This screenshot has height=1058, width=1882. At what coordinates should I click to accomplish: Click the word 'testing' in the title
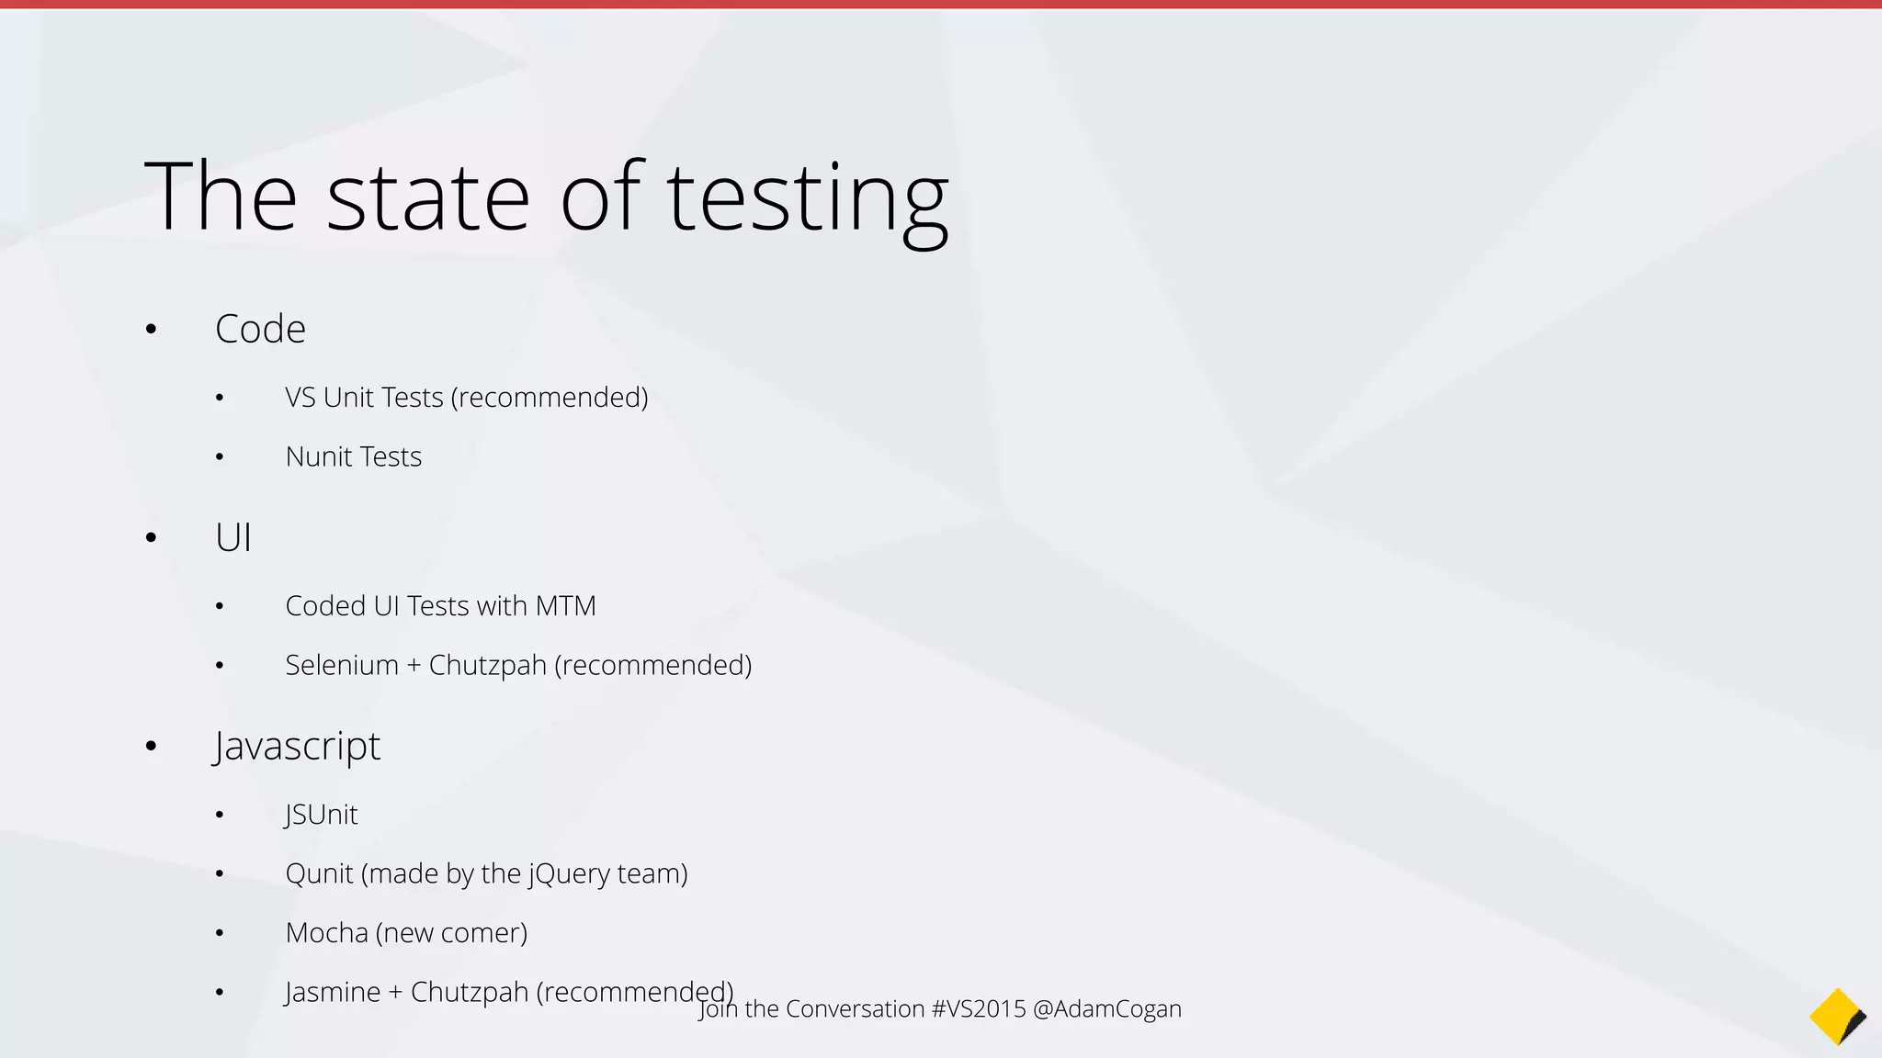[x=807, y=197]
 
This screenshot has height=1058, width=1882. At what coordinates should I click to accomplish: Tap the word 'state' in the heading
[x=428, y=197]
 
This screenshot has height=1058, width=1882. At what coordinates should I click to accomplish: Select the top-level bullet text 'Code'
[x=260, y=329]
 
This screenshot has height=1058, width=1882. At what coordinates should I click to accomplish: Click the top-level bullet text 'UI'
[x=233, y=537]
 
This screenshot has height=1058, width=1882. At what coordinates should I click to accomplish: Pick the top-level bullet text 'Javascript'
[x=297, y=746]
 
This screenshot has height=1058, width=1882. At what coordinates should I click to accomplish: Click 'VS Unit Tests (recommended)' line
[x=467, y=398]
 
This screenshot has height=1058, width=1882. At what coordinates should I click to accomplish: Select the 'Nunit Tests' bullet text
[x=353, y=456]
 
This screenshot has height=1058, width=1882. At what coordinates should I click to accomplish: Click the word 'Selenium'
[x=341, y=665]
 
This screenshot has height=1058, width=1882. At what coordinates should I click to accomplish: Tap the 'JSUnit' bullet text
[x=321, y=815]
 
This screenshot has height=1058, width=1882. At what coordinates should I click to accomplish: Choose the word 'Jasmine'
[x=333, y=992]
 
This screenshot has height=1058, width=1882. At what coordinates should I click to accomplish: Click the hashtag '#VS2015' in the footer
[x=978, y=1008]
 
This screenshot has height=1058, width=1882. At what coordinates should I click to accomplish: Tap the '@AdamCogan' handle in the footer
[x=1107, y=1008]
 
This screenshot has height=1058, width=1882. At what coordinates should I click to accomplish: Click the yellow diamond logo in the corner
[x=1837, y=1017]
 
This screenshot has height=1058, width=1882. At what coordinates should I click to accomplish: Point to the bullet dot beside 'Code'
[x=152, y=329]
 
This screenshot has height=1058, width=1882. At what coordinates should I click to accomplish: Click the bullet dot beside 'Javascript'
[x=152, y=746]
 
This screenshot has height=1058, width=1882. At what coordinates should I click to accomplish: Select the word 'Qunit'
[x=319, y=873]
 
